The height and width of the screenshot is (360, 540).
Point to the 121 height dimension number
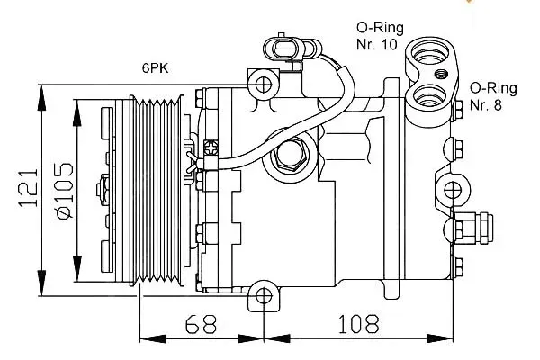point(29,189)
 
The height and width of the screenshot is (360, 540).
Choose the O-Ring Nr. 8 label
point(493,96)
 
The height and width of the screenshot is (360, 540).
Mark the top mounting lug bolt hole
point(264,85)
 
